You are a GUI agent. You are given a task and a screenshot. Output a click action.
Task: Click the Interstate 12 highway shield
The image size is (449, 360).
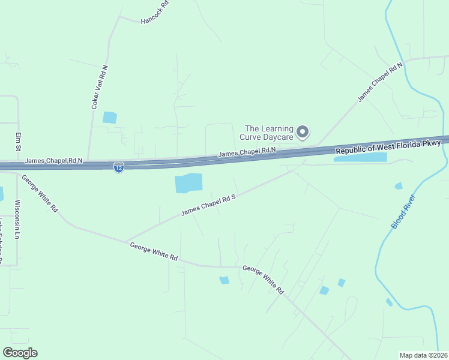(x=119, y=168)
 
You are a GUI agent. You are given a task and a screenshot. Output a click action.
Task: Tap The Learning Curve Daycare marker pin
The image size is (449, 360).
(x=303, y=131)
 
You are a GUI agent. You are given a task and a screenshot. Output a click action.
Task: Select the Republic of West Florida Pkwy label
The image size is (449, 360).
(x=388, y=147)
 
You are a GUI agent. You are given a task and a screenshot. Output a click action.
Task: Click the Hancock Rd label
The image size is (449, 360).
(x=155, y=13)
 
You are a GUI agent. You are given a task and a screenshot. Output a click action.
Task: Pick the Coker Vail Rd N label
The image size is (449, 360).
(x=99, y=87)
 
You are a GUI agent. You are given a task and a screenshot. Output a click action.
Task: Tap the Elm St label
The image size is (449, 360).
(x=19, y=142)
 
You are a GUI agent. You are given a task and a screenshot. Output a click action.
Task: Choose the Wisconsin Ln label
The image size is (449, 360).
(x=17, y=220)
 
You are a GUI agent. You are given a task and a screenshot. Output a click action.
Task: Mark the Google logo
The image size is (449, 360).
(x=20, y=352)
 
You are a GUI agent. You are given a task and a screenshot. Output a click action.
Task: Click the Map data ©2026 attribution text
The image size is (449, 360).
(x=424, y=355)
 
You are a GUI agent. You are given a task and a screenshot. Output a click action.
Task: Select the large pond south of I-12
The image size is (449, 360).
(x=188, y=183)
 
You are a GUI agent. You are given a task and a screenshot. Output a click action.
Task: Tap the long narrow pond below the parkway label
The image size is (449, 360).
(x=360, y=157)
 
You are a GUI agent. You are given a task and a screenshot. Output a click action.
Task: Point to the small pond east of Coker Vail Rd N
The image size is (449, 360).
(x=110, y=118)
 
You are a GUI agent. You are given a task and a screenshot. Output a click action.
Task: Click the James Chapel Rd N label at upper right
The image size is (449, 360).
(x=380, y=82)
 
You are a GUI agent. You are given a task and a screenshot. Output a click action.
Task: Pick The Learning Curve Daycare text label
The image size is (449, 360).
(x=269, y=133)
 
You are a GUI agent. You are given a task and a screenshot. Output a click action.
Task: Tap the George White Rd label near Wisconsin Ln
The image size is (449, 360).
(x=40, y=193)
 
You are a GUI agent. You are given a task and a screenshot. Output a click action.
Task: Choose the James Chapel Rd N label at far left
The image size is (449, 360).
(x=53, y=161)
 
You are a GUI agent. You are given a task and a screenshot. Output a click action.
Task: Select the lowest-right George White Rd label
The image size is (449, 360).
(x=263, y=280)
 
